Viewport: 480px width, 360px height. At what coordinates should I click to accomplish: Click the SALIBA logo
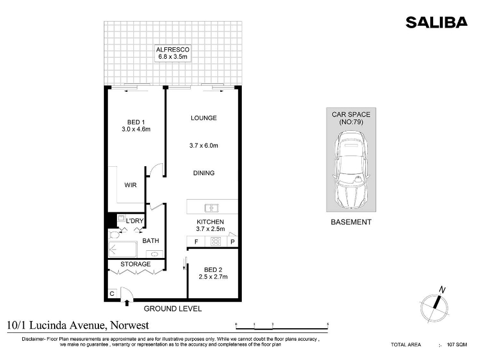pyautogui.click(x=437, y=23)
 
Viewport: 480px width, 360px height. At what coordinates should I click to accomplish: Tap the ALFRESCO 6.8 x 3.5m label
pyautogui.click(x=173, y=53)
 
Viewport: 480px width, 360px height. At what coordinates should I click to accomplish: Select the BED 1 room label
pyautogui.click(x=136, y=122)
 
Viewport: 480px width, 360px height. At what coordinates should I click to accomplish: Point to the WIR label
pyautogui.click(x=130, y=185)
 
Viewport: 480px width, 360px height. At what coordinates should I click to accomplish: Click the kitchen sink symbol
pyautogui.click(x=211, y=208)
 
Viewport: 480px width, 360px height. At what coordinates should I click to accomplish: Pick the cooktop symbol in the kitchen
pyautogui.click(x=216, y=242)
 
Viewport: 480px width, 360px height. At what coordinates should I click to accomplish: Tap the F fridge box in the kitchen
pyautogui.click(x=196, y=242)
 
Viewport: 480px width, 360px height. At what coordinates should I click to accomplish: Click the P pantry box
pyautogui.click(x=233, y=242)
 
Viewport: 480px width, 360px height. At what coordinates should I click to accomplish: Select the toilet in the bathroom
pyautogui.click(x=114, y=235)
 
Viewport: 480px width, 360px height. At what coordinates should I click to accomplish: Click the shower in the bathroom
pyautogui.click(x=122, y=250)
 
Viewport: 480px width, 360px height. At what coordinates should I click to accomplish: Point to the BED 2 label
pyautogui.click(x=213, y=269)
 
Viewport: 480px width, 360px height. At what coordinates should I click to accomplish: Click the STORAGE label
pyautogui.click(x=136, y=264)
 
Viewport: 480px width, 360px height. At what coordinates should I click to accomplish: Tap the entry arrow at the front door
pyautogui.click(x=127, y=303)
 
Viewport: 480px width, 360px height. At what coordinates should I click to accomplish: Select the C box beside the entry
pyautogui.click(x=112, y=293)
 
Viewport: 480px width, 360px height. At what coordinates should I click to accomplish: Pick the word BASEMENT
pyautogui.click(x=351, y=222)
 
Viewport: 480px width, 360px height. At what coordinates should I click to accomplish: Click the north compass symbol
pyautogui.click(x=434, y=305)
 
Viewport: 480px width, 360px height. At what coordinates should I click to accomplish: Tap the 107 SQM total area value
pyautogui.click(x=457, y=344)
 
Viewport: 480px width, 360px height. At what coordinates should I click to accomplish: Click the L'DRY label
pyautogui.click(x=134, y=221)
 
